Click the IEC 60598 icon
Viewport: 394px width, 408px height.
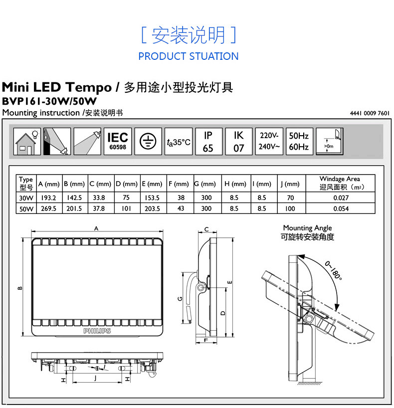118,141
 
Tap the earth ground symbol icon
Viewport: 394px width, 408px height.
148,141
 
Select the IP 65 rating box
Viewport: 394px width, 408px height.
208,141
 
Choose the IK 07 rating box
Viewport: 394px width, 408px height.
238,141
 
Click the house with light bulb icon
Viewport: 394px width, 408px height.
27,141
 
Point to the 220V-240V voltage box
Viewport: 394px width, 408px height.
269,141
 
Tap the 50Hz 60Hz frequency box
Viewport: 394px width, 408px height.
299,141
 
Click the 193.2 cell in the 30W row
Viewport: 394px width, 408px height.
48,198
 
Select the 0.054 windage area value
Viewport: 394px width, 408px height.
341,208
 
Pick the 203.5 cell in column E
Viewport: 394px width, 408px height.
152,208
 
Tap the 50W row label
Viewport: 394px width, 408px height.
26,209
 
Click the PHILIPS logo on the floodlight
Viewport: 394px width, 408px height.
97,331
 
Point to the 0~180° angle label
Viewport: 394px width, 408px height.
333,271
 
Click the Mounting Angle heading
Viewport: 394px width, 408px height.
307,228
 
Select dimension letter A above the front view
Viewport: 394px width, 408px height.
96,228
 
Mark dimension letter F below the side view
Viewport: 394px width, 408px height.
206,340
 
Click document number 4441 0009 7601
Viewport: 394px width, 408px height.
370,113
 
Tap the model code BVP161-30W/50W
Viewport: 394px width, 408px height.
49,101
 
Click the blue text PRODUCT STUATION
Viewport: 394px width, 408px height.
189,56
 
